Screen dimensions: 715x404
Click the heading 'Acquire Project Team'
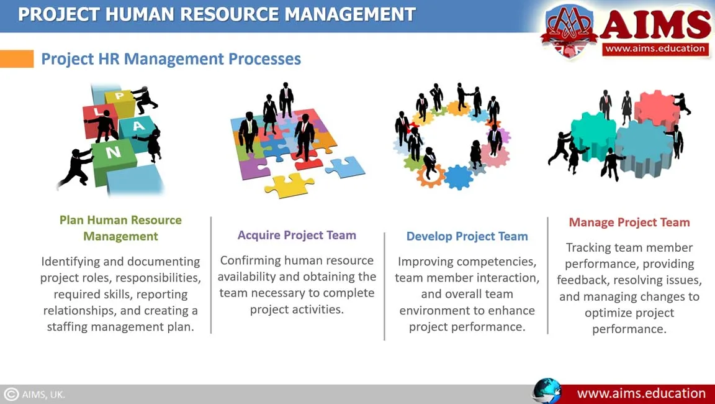pyautogui.click(x=297, y=235)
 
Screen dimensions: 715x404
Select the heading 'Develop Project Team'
pyautogui.click(x=467, y=236)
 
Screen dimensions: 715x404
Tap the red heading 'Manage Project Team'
pyautogui.click(x=629, y=223)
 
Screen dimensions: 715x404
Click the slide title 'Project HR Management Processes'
pyautogui.click(x=171, y=59)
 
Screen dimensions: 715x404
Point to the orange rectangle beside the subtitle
pyautogui.click(x=17, y=59)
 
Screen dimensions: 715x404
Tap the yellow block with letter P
pyautogui.click(x=119, y=101)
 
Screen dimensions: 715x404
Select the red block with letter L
pyautogui.click(x=99, y=119)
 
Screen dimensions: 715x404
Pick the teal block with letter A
pyautogui.click(x=137, y=132)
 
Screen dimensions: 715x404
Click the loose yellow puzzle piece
pyautogui.click(x=289, y=185)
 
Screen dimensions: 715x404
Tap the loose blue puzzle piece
pyautogui.click(x=344, y=167)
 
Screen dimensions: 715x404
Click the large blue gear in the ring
pyautogui.click(x=458, y=177)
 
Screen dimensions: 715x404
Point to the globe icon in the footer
pyautogui.click(x=547, y=391)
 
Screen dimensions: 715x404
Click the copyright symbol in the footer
pyautogui.click(x=11, y=395)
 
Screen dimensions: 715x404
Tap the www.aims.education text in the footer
pyautogui.click(x=641, y=393)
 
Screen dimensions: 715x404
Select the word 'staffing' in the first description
pyautogui.click(x=68, y=327)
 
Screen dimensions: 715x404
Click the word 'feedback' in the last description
pyautogui.click(x=582, y=280)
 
